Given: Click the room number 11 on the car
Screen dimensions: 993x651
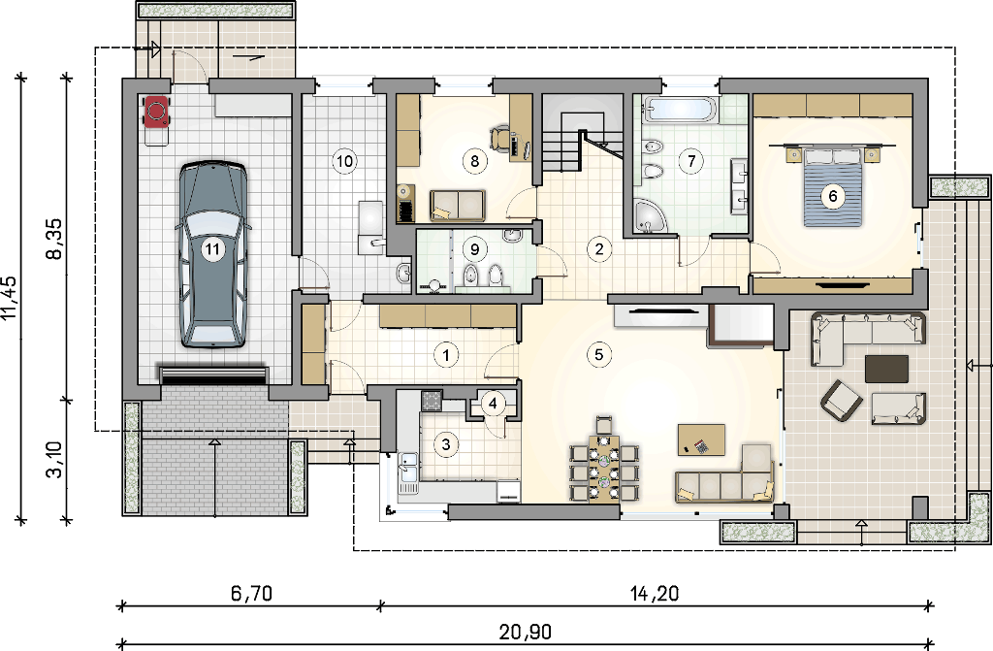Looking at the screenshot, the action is [212, 249].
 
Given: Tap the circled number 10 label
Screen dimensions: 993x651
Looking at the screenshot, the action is [344, 161].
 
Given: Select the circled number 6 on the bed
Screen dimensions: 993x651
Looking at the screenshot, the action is [833, 197].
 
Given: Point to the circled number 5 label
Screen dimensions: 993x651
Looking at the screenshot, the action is [599, 354].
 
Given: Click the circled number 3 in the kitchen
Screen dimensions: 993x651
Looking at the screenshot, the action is [446, 444].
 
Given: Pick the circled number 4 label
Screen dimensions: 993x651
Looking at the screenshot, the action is [493, 403].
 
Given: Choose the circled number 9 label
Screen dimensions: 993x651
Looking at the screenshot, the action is [474, 249].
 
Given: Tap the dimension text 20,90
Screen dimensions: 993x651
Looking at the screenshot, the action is [525, 632].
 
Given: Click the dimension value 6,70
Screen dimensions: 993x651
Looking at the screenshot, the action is [251, 594].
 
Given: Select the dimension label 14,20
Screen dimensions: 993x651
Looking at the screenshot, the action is [655, 594].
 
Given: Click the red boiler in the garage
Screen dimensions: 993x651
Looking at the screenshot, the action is [156, 112].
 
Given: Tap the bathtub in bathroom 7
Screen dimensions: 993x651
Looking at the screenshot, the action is [679, 109].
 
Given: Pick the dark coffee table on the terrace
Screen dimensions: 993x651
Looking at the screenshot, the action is [886, 369].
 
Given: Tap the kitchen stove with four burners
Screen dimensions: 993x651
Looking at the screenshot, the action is [432, 400].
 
